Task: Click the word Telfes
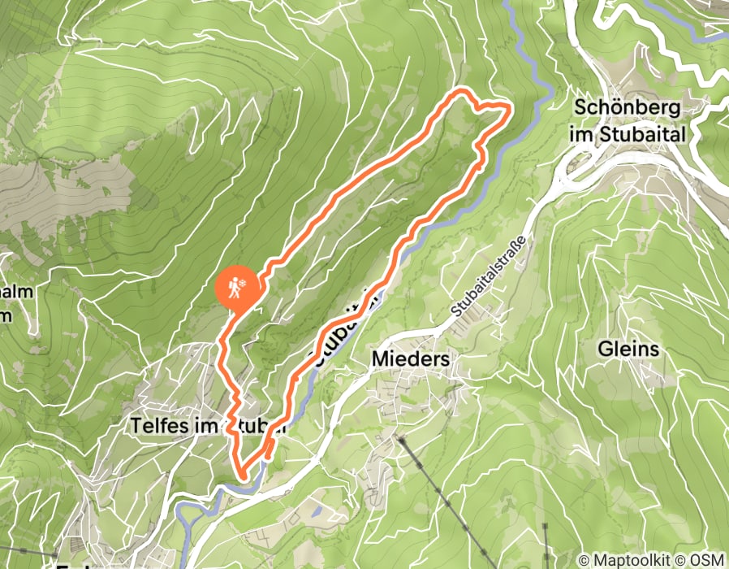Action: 159,424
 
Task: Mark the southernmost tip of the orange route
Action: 241,474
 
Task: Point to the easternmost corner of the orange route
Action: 509,106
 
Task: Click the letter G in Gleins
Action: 604,350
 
